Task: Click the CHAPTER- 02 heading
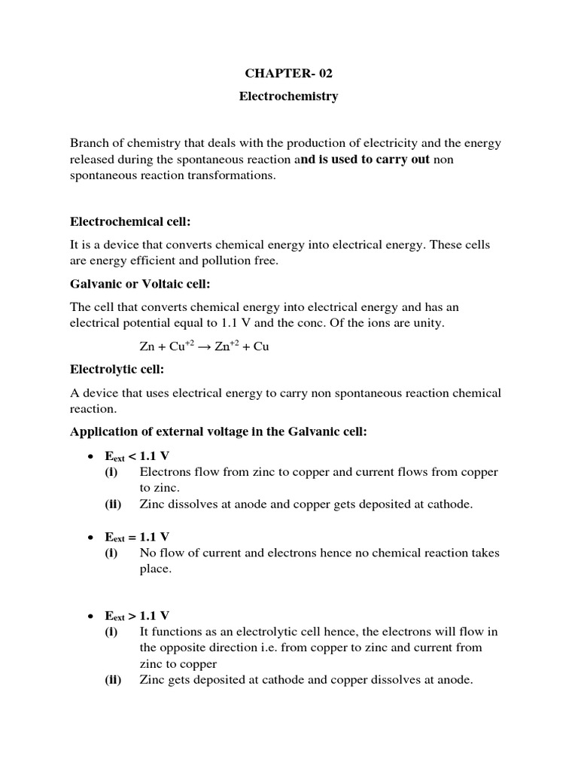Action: (288, 73)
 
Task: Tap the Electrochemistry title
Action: (288, 96)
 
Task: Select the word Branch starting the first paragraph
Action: (89, 142)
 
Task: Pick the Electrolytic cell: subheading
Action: (117, 370)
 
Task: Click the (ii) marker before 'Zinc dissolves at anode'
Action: (114, 504)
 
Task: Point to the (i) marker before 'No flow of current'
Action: (111, 553)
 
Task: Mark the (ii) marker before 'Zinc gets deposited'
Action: (114, 680)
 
